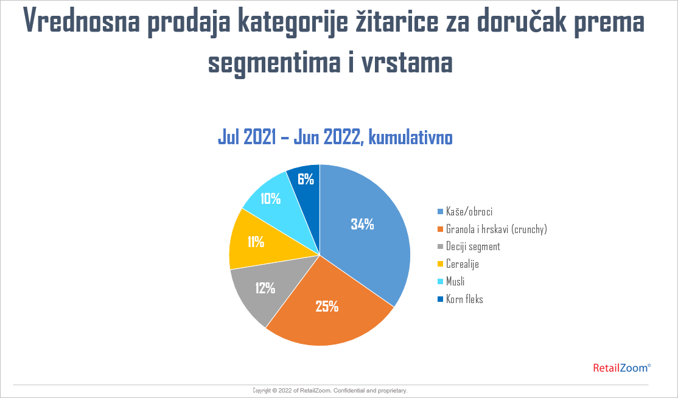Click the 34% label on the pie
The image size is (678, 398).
click(x=362, y=224)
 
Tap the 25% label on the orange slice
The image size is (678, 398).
click(x=327, y=306)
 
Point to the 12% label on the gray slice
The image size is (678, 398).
click(x=265, y=288)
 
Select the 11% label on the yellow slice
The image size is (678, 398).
click(x=256, y=242)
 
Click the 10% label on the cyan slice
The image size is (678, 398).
click(x=271, y=199)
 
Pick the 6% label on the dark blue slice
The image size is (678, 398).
click(x=306, y=179)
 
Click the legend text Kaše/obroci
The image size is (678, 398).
click(x=469, y=211)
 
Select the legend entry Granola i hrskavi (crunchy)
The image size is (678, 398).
click(x=497, y=229)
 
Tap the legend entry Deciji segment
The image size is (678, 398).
click(x=473, y=246)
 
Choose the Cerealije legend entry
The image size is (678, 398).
click(x=462, y=264)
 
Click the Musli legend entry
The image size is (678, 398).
click(x=455, y=281)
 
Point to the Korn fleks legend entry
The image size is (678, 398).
click(x=464, y=299)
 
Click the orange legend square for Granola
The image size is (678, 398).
click(x=441, y=229)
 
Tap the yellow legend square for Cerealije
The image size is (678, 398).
click(x=441, y=264)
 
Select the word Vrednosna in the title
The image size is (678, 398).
click(x=82, y=21)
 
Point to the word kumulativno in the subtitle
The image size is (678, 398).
click(x=410, y=137)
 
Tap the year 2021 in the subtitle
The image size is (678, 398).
click(x=260, y=137)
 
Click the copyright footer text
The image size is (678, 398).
click(x=330, y=391)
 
